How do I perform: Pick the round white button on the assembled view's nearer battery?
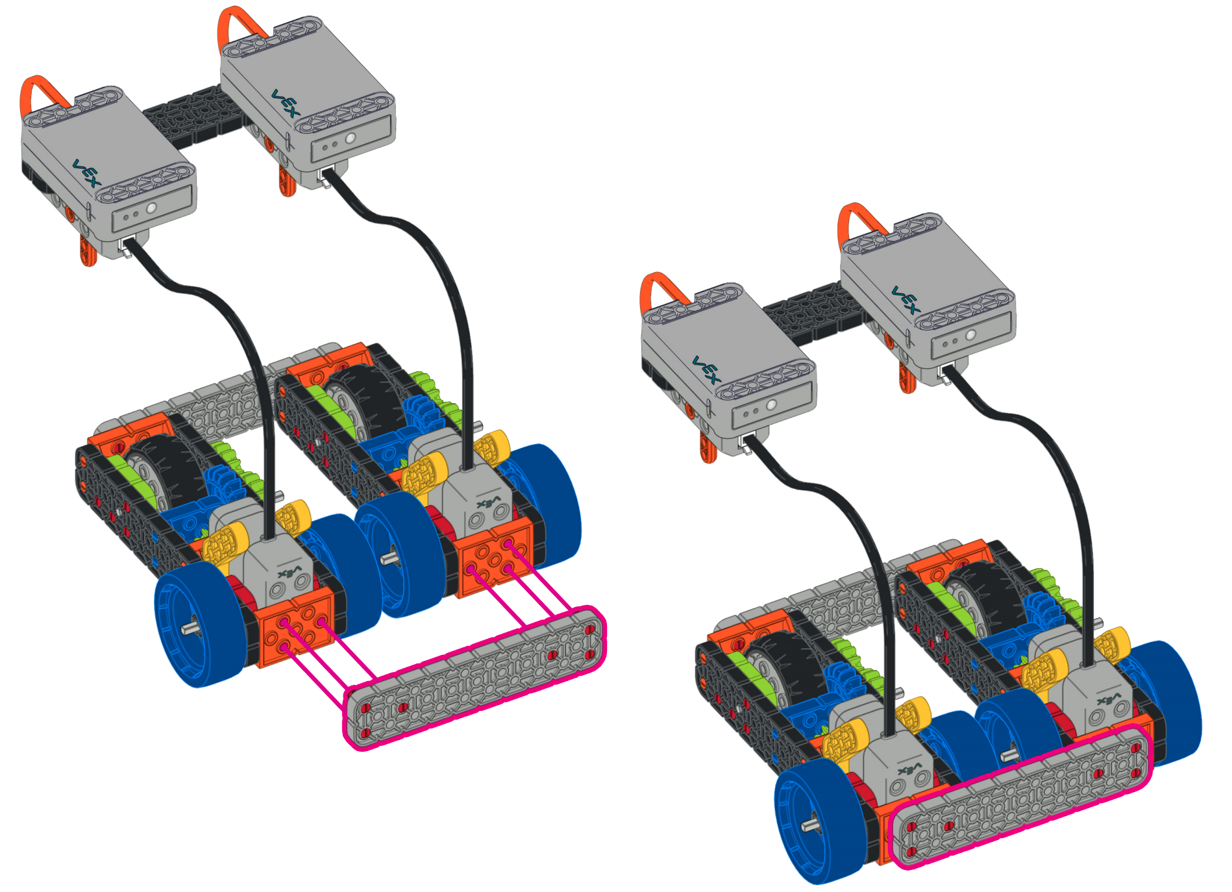point(771,404)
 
